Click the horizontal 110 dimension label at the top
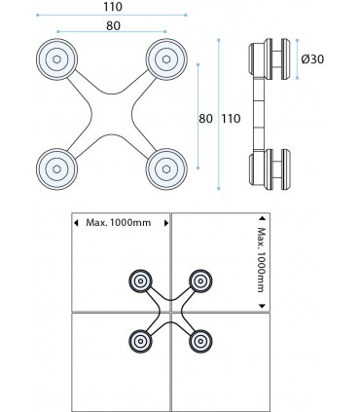(113, 7)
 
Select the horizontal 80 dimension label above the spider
(113, 25)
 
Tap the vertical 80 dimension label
(205, 119)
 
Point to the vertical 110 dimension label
(232, 119)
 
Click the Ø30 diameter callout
(312, 59)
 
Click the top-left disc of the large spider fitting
(56, 59)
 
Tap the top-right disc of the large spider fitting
(166, 59)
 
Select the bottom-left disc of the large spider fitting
(56, 169)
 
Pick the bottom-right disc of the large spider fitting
(166, 169)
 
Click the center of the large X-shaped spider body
(112, 114)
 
